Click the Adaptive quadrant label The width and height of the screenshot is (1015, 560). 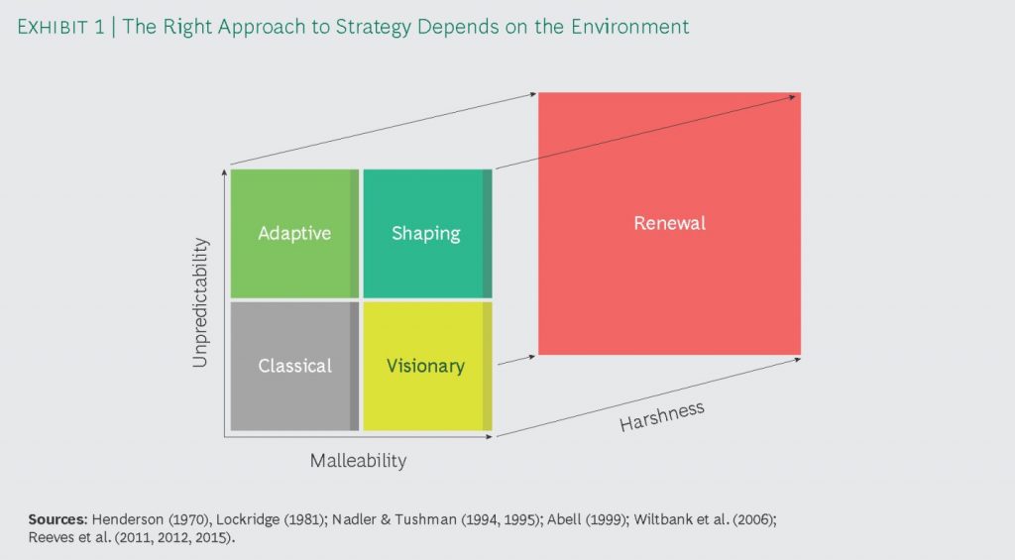point(293,234)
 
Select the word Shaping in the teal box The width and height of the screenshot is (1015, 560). point(425,234)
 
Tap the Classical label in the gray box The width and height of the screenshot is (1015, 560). point(294,366)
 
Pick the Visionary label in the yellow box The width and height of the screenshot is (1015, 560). point(425,366)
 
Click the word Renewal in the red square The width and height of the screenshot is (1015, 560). point(669,223)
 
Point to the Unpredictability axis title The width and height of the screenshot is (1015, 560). point(201,301)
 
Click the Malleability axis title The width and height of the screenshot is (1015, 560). point(358,461)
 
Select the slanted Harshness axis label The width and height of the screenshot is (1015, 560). point(661,415)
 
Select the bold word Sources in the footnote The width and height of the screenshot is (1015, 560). point(57,519)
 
